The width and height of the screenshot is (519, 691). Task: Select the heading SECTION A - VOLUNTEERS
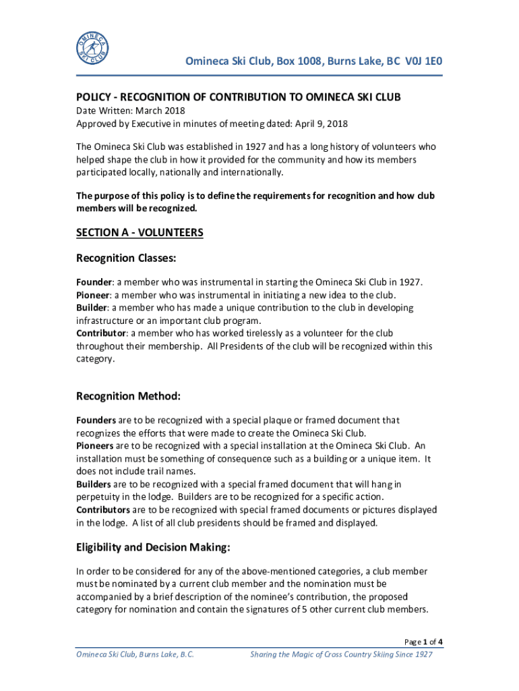(x=140, y=233)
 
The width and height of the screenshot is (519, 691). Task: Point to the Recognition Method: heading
(x=128, y=396)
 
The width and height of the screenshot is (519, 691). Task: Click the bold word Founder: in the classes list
(x=93, y=282)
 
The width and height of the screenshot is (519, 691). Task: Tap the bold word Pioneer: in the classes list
(x=93, y=295)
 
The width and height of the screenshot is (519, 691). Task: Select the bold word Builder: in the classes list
(x=92, y=308)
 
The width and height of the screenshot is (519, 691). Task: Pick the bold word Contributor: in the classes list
(x=101, y=333)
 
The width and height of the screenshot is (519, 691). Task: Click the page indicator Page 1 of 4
(x=423, y=642)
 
